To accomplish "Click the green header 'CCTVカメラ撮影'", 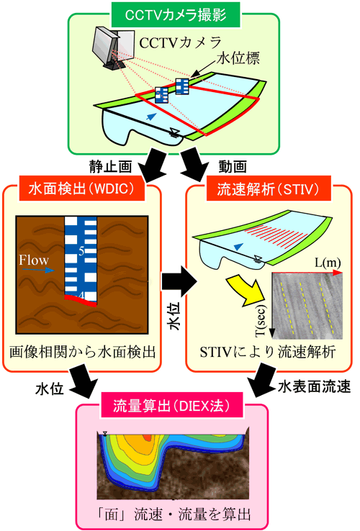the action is coord(176,15).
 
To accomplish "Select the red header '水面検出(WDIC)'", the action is coord(81,189).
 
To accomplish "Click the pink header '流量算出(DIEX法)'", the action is coord(171,405).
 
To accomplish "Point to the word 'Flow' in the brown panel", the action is coord(34,260).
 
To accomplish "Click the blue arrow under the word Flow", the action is coord(38,271).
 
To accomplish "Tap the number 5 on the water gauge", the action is coord(81,251).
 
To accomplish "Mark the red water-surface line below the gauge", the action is coord(81,300).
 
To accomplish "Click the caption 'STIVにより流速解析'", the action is coord(268,352).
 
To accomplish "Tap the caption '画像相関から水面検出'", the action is coord(82,352).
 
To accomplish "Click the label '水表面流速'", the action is coord(314,386).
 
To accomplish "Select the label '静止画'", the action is coord(110,167).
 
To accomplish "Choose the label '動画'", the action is coord(233,167).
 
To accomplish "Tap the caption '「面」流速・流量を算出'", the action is coord(174,514).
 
